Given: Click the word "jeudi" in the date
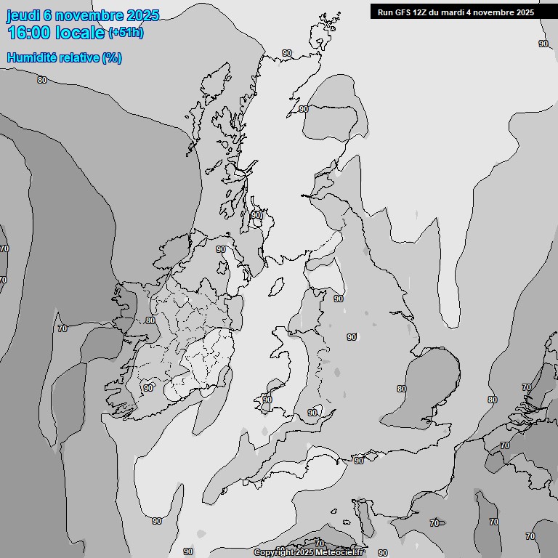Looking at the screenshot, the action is click(x=23, y=16).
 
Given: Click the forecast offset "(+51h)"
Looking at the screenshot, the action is click(x=126, y=33).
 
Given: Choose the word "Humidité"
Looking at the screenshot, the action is click(x=31, y=58).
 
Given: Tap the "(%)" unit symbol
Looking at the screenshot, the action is click(x=112, y=58).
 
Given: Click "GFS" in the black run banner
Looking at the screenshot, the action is click(x=403, y=12).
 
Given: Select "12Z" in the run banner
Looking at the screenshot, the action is click(x=421, y=12).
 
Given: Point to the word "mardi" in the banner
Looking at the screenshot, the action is click(x=456, y=12).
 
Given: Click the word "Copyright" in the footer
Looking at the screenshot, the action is click(x=272, y=553).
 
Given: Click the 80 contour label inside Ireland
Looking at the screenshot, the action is click(x=150, y=320).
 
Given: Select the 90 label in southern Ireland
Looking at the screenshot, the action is click(x=148, y=388).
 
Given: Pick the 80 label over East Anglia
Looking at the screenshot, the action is click(x=402, y=389).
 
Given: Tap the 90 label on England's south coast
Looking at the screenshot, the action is click(x=358, y=461).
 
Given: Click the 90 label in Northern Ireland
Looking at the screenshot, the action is click(x=221, y=249).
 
